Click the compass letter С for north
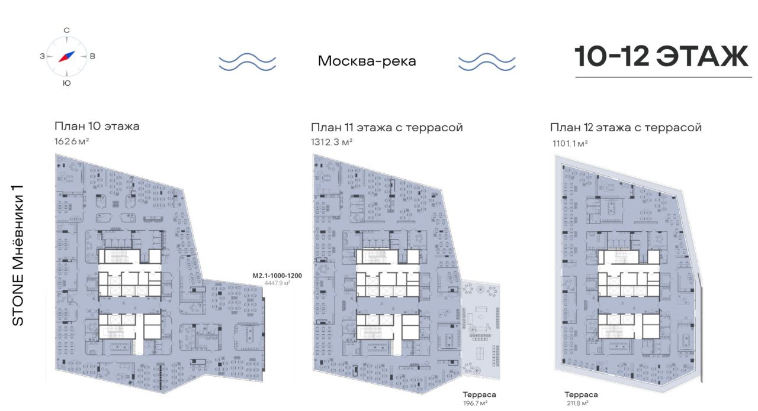coord(67,30)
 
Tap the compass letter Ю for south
coord(67,83)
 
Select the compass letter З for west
coord(42,56)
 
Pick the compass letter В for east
coord(92,56)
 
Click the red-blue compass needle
coord(67,56)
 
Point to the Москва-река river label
coord(367,61)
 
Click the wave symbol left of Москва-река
coord(248,62)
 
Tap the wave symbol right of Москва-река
coord(487,62)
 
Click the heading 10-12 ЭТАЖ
coord(661,56)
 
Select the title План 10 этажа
coord(97,127)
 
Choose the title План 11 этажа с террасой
coord(387,128)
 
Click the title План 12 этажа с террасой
coord(626,128)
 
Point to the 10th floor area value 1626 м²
coord(72,141)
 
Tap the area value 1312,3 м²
coord(332,142)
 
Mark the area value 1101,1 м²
coord(570,144)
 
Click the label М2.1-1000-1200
coord(277,276)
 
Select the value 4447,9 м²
coord(277,283)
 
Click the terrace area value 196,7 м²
coord(475,403)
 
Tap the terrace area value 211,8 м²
coord(577,403)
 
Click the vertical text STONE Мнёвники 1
coord(18,255)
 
